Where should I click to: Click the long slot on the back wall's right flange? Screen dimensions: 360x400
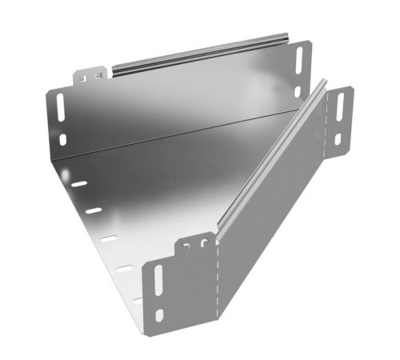[x=300, y=62]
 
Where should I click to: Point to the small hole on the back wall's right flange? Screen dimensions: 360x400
[x=297, y=90]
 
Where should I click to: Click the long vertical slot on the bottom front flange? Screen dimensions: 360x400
[x=157, y=281]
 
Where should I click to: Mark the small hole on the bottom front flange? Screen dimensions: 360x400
[x=159, y=314]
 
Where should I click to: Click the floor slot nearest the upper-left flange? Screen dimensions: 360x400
[x=78, y=184]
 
